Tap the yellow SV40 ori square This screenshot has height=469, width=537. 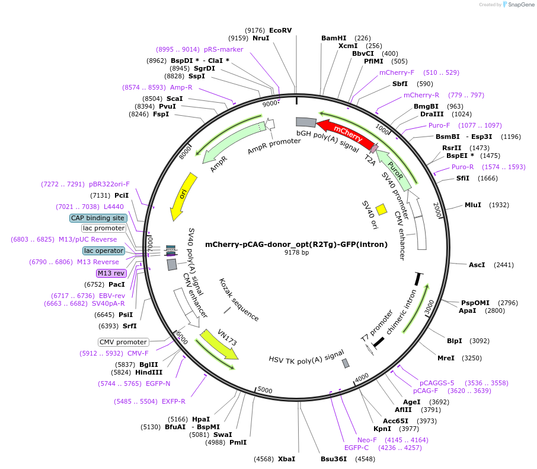click(x=382, y=209)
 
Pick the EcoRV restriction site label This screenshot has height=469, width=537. click(x=280, y=30)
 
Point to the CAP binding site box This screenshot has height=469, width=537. click(x=98, y=218)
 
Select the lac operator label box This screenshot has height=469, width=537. click(x=104, y=251)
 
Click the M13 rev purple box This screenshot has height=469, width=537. click(x=111, y=273)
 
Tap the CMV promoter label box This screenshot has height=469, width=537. click(x=123, y=342)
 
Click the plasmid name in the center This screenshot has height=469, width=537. click(x=296, y=244)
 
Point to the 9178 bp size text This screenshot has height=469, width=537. click(x=296, y=253)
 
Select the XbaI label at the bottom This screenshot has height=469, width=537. click(x=286, y=459)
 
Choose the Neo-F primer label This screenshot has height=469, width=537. click(x=366, y=440)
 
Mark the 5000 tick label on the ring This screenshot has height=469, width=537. click(x=265, y=390)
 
